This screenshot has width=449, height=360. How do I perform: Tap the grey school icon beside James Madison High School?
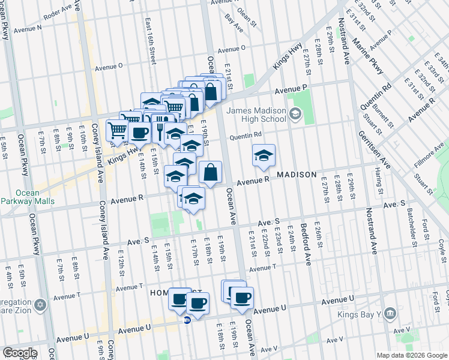(295, 113)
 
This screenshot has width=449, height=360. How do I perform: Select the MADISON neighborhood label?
(297, 175)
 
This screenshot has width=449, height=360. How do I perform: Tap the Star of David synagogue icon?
(40, 305)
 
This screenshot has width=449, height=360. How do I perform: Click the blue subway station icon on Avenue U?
(187, 320)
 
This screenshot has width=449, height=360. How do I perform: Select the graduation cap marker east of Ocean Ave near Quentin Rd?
(264, 156)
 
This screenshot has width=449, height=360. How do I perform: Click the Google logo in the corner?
(20, 353)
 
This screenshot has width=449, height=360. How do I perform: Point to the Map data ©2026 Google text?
(412, 355)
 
